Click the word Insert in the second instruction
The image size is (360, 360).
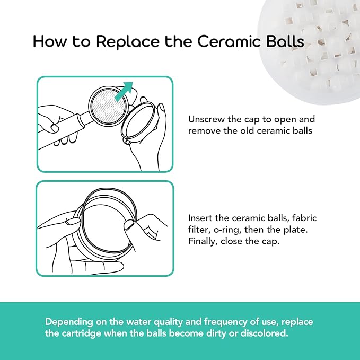(x=200, y=218)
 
